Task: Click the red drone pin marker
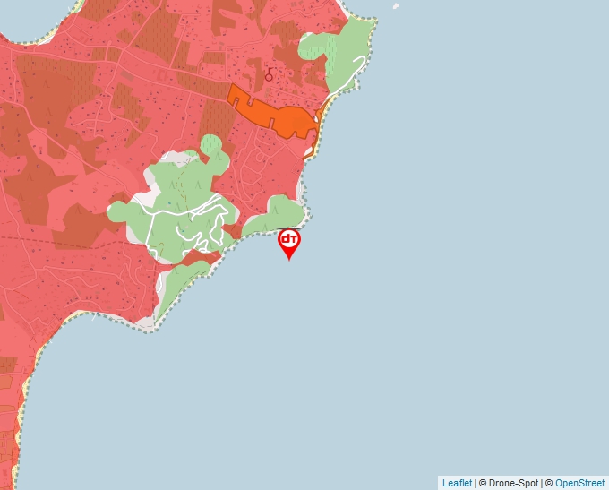click(x=289, y=241)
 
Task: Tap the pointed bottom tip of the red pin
click(x=289, y=260)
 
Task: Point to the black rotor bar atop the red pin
click(x=289, y=228)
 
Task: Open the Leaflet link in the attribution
click(x=457, y=483)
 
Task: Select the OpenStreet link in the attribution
click(x=579, y=483)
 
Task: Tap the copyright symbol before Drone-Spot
click(x=483, y=483)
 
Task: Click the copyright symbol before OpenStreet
click(x=549, y=483)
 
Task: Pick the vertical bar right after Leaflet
click(x=475, y=483)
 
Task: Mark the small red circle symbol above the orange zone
click(x=269, y=77)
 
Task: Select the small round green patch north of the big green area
click(x=210, y=144)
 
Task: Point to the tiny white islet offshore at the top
click(x=396, y=6)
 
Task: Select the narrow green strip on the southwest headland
click(x=179, y=287)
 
